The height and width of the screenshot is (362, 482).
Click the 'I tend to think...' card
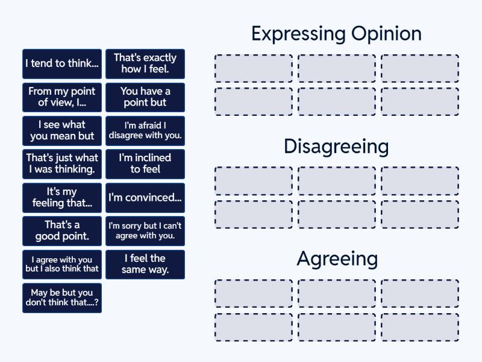click(62, 63)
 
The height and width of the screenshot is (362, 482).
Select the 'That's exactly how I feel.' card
click(145, 63)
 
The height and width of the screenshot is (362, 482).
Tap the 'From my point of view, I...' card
click(62, 97)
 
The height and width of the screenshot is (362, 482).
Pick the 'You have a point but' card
click(145, 97)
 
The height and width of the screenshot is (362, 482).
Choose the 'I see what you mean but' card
click(62, 130)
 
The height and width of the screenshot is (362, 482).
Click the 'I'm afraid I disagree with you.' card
click(145, 130)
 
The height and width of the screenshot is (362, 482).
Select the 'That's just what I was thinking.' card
click(62, 164)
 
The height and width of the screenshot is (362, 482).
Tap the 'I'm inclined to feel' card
click(145, 164)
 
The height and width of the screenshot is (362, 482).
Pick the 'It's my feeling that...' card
click(62, 197)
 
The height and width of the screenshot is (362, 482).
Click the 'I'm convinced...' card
click(145, 197)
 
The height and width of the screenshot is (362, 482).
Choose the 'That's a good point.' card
click(62, 231)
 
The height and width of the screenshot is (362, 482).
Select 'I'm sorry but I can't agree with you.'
click(145, 231)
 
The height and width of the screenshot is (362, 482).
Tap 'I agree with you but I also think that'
click(62, 264)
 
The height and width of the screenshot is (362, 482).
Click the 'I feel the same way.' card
click(145, 264)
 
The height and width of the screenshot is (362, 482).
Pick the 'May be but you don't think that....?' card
click(62, 298)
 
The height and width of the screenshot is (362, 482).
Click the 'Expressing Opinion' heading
click(336, 34)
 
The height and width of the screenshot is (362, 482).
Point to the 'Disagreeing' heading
click(336, 147)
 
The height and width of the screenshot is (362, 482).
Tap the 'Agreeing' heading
click(337, 259)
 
